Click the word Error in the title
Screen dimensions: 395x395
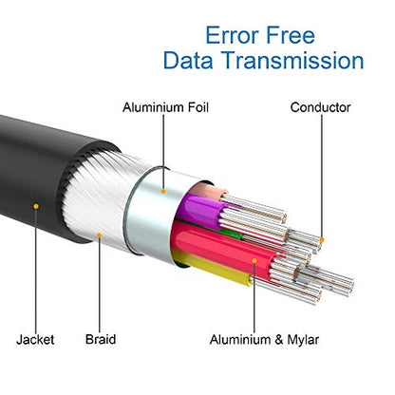coord(233,35)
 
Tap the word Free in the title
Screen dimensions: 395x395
coord(291,35)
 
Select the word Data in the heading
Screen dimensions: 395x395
coord(188,60)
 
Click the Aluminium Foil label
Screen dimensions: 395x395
coord(165,107)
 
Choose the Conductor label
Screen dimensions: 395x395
coord(320,107)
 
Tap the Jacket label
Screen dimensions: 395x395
coord(35,340)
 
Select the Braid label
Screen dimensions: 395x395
coord(101,339)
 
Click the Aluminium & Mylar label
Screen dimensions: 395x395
coord(264,340)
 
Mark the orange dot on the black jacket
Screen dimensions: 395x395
coord(36,206)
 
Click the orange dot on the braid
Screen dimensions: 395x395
coord(99,235)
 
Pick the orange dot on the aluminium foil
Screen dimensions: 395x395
coord(163,191)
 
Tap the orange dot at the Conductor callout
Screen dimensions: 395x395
coord(322,239)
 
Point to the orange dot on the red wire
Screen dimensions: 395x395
coord(254,261)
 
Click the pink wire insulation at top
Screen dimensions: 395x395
coord(208,190)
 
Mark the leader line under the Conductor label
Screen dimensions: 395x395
coord(322,176)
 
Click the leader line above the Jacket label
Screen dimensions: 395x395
coord(36,271)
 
